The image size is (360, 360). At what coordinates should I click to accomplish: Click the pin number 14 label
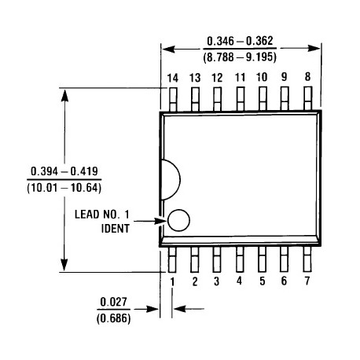173,77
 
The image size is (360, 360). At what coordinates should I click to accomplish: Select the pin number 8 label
307,77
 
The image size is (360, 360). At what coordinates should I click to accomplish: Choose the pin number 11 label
240,77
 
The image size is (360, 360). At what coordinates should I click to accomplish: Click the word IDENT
116,229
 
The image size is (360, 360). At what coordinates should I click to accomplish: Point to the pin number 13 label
195,77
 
